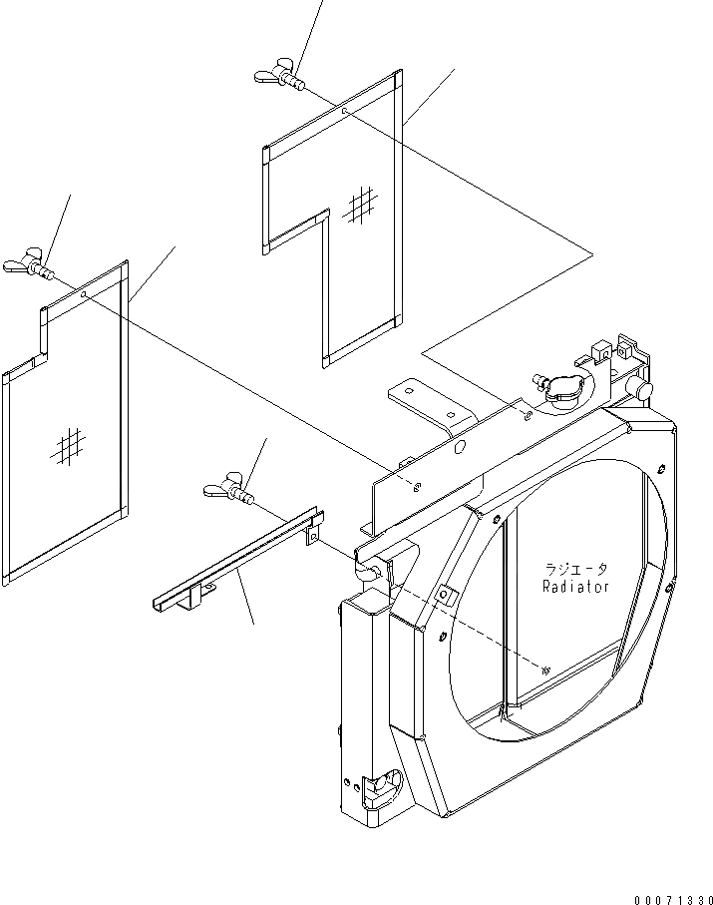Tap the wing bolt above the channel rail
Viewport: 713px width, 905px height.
(229, 489)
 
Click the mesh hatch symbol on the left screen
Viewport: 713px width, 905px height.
(68, 445)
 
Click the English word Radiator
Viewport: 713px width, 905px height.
(575, 588)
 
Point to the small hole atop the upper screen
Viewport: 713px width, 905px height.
(344, 112)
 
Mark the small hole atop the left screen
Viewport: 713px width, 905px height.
(85, 295)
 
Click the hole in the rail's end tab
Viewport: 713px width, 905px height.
(312, 536)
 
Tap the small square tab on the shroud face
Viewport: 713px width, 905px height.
(446, 597)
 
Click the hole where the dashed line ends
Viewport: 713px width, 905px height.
(544, 672)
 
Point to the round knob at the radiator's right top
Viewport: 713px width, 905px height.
(644, 389)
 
